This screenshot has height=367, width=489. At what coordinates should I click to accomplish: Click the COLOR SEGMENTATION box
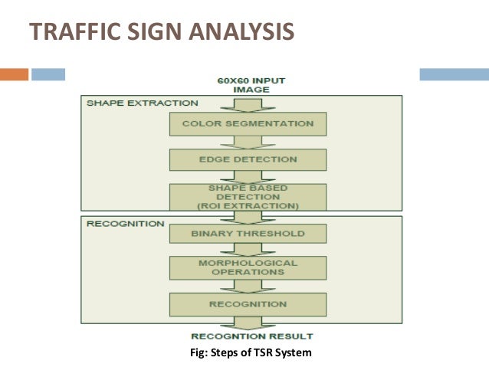click(x=248, y=123)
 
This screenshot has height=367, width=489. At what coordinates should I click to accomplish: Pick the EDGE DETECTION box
click(x=248, y=159)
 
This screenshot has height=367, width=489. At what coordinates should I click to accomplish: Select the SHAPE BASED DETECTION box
click(x=248, y=196)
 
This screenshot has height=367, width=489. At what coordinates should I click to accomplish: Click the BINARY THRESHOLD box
click(x=248, y=233)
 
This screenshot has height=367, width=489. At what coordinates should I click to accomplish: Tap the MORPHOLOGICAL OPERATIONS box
click(x=248, y=267)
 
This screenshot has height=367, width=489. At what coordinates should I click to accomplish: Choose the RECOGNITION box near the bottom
click(x=248, y=304)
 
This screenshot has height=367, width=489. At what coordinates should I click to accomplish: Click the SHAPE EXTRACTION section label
click(x=142, y=103)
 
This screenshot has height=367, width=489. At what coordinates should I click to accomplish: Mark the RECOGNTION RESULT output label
click(x=251, y=336)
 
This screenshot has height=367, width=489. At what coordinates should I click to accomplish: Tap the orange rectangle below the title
click(x=14, y=74)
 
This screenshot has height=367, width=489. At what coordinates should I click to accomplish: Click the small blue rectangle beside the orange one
click(x=48, y=74)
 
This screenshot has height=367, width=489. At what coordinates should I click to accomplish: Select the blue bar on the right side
click(x=454, y=74)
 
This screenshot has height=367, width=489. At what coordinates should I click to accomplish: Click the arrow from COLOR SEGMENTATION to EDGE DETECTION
click(x=248, y=141)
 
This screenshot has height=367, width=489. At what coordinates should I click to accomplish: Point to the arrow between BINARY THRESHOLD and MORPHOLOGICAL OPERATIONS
click(x=248, y=250)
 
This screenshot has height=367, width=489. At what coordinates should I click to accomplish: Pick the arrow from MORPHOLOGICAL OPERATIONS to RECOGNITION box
click(x=248, y=286)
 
